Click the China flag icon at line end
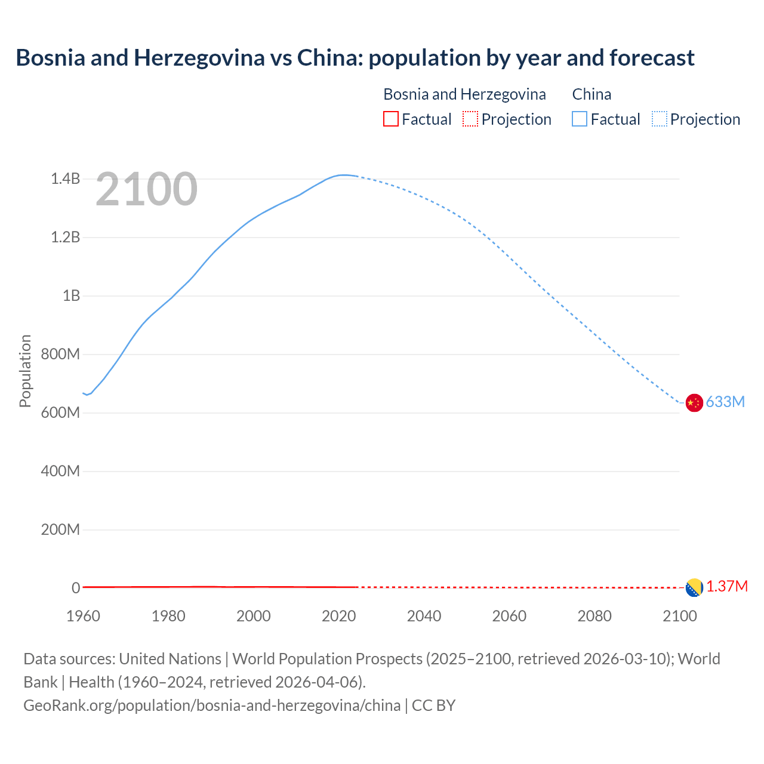pos(694,403)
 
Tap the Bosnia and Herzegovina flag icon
pos(694,587)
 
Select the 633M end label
pos(725,402)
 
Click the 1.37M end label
pos(727,587)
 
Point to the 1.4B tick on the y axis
pos(65,178)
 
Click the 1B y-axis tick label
pos(71,295)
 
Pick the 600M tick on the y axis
pos(60,412)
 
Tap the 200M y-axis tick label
pos(60,529)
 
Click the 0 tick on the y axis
pos(76,588)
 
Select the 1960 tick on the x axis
pos(83,616)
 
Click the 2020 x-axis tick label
pos(338,616)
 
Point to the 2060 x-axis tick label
pos(509,616)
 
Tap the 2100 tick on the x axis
pos(679,616)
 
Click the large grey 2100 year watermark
pos(146,189)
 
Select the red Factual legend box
pos(390,119)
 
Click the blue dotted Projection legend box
pos(660,119)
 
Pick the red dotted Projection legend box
pos(470,119)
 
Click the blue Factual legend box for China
pos(580,119)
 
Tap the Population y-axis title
pos(25,371)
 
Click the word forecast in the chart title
pos(652,58)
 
